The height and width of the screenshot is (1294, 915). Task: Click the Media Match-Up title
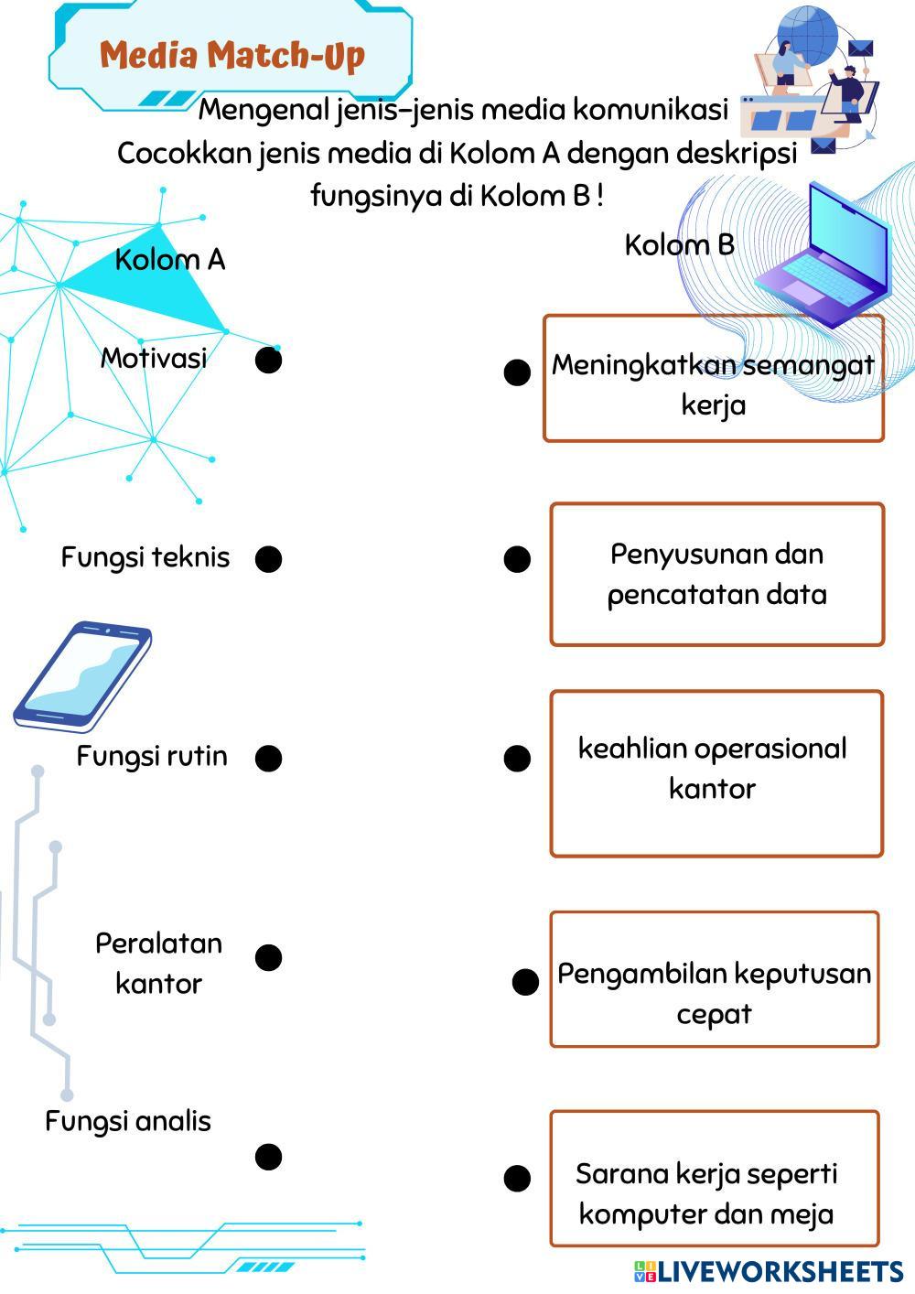pyautogui.click(x=232, y=57)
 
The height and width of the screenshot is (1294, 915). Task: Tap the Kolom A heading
pyautogui.click(x=170, y=260)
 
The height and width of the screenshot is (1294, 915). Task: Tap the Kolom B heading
pyautogui.click(x=679, y=245)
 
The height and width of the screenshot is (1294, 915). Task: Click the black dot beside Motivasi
pyautogui.click(x=269, y=361)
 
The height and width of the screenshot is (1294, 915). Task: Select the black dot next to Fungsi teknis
pyautogui.click(x=269, y=559)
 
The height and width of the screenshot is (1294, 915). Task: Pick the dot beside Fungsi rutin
pyautogui.click(x=269, y=759)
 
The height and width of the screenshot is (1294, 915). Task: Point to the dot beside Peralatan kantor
pyautogui.click(x=269, y=957)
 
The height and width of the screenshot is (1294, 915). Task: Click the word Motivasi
pyautogui.click(x=154, y=358)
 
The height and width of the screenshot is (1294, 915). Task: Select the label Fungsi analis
pyautogui.click(x=128, y=1122)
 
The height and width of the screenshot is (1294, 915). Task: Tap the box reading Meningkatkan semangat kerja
pyautogui.click(x=714, y=378)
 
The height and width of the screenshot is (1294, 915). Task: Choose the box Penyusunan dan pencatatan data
pyautogui.click(x=716, y=574)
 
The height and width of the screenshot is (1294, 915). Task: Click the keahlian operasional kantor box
pyautogui.click(x=716, y=773)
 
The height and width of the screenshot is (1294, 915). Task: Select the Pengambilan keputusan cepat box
pyautogui.click(x=715, y=979)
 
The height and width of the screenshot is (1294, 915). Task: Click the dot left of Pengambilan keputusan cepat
pyautogui.click(x=525, y=982)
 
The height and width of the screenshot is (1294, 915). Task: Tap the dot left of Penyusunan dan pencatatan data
pyautogui.click(x=518, y=559)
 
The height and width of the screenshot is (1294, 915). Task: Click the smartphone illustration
pyautogui.click(x=82, y=677)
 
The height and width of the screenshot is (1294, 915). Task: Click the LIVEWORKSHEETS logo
pyautogui.click(x=769, y=1272)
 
